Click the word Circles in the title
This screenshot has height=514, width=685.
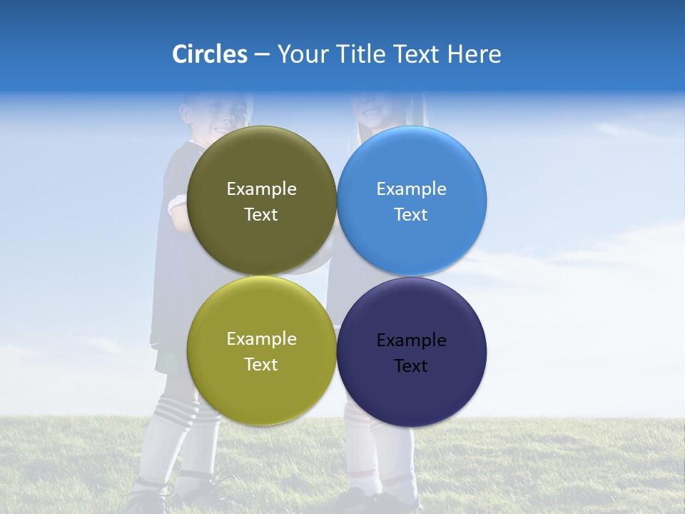209,54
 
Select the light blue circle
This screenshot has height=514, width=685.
412,161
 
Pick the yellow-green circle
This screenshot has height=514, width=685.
261,389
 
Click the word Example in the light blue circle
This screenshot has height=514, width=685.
412,189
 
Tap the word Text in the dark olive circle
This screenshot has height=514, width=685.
261,215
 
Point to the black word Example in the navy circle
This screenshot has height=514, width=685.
412,341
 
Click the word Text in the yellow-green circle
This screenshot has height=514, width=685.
261,365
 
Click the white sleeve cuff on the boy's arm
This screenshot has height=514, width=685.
176,207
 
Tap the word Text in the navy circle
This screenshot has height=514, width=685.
411,366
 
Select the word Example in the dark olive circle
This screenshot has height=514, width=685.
261,189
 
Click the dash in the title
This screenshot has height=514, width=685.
262,55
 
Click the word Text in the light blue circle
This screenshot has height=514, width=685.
411,215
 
